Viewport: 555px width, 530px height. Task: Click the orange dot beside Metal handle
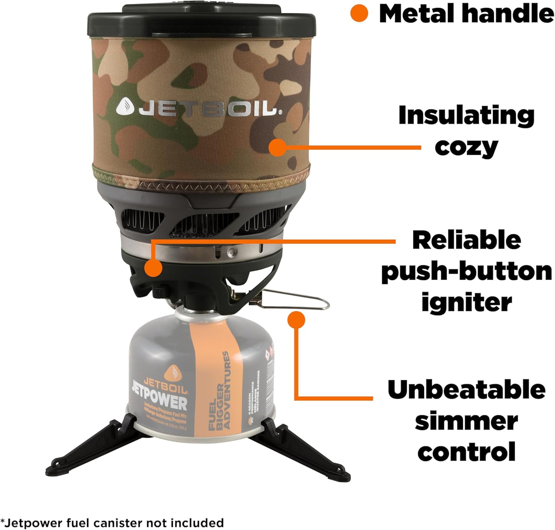(x=359, y=14)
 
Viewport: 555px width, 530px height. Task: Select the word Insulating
(x=466, y=115)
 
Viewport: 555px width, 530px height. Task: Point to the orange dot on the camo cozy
(x=277, y=147)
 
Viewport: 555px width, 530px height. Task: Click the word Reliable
(x=466, y=240)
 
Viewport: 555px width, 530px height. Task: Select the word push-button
(x=466, y=271)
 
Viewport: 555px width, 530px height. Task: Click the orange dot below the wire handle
(x=296, y=320)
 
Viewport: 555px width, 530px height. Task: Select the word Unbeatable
(x=466, y=389)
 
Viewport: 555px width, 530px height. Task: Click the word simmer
(x=466, y=421)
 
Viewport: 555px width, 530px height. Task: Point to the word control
(x=466, y=452)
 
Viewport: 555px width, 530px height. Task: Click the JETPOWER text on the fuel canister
(x=159, y=401)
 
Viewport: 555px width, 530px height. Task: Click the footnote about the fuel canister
(x=112, y=523)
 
